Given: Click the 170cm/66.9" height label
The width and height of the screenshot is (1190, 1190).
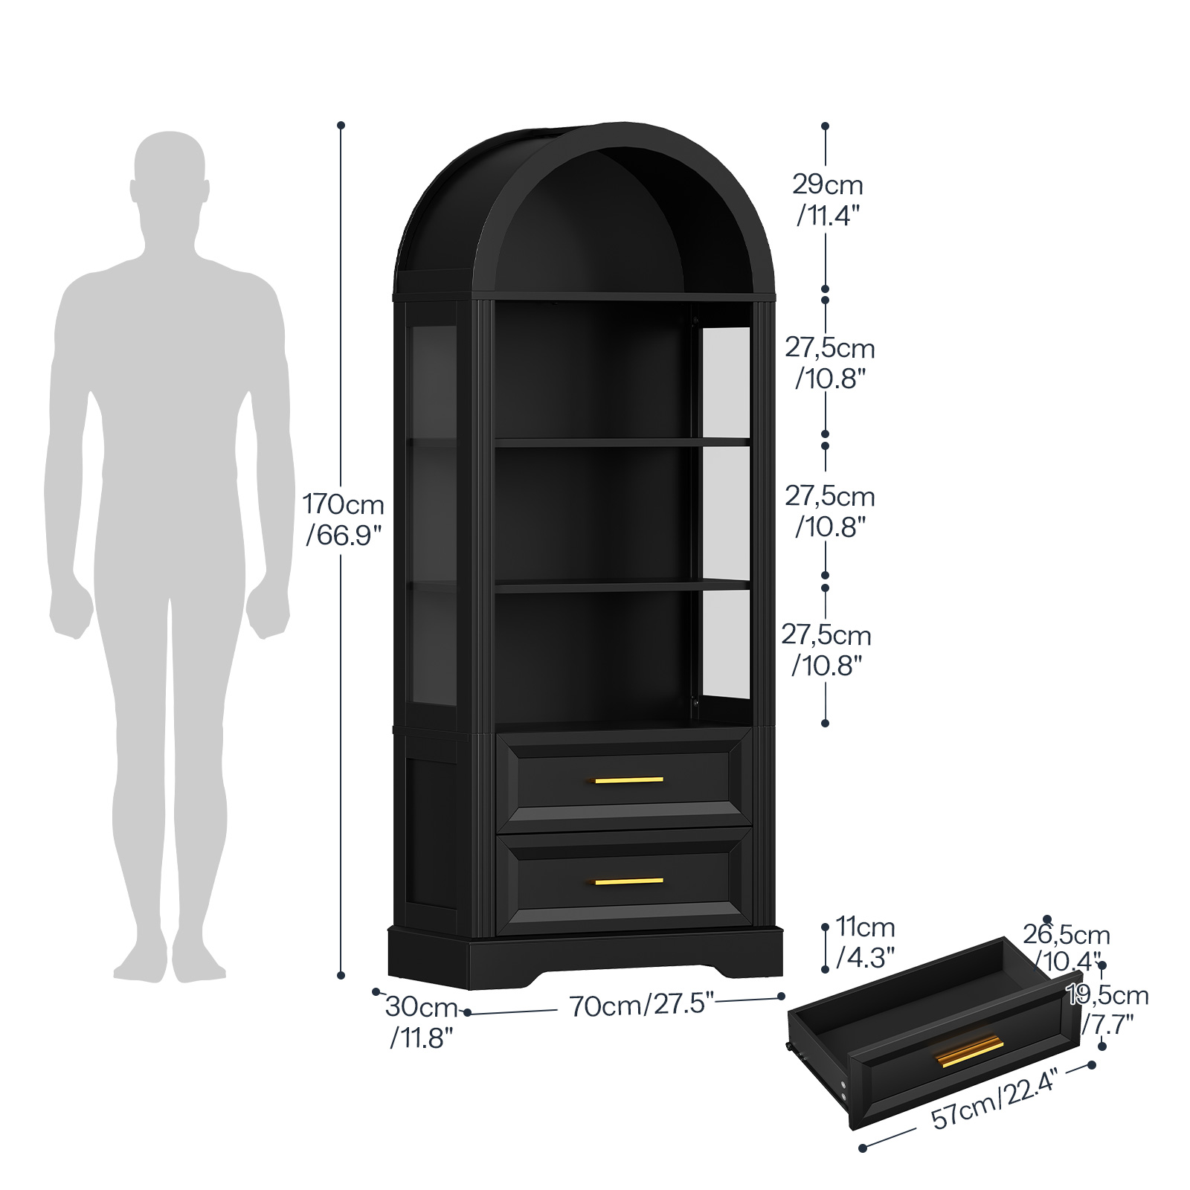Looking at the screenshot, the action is point(344,519).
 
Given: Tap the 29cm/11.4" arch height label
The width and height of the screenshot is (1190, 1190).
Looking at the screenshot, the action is point(828,200).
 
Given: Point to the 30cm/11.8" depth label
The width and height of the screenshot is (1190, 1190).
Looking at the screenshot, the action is point(422,1023).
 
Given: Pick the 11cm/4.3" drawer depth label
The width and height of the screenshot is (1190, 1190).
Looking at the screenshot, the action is point(865,942).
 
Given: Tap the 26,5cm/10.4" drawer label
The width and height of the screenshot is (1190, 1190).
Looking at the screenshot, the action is point(1066,948).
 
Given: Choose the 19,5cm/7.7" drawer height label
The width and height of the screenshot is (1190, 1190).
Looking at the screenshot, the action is point(1107,1009).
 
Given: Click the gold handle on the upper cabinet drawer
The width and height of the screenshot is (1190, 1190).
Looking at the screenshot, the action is point(628,780).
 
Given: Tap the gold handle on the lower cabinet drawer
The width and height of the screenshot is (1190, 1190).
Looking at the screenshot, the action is point(628,881).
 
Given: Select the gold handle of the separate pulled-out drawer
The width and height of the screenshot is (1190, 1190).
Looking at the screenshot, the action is point(970,1051).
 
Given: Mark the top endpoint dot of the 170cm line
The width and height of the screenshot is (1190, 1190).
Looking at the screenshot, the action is point(341,125).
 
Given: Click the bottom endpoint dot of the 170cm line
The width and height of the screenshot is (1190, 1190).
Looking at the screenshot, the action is point(341,975).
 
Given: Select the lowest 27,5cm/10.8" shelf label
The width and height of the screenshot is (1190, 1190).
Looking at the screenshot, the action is point(826,649).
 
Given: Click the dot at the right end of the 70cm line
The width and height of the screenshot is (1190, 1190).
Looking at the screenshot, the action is point(782,997).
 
